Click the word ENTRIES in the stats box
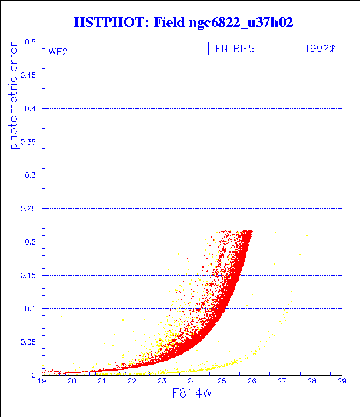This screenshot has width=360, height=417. [x=235, y=49]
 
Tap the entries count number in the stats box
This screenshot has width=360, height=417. [x=320, y=49]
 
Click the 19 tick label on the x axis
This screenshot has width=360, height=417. [x=42, y=382]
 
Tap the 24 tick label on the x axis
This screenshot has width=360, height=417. [x=192, y=382]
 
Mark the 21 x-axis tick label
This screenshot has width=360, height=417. [x=102, y=382]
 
